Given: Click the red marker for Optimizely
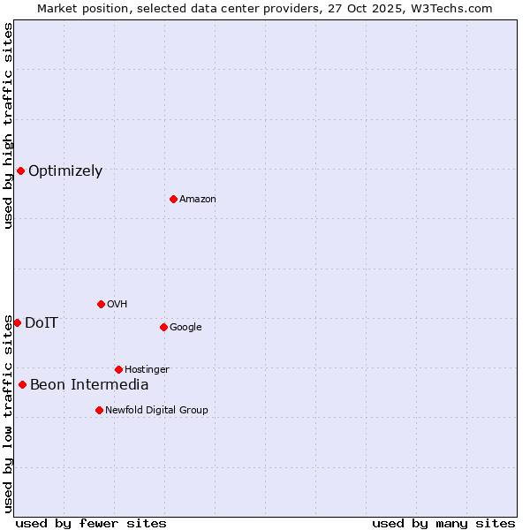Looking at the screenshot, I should point(20,170).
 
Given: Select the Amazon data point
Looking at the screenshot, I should point(173,199).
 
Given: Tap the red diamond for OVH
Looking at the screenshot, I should point(101,304).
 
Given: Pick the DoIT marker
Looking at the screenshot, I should point(17,322).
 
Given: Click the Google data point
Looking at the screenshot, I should point(163,327).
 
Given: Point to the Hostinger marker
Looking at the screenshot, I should point(118,369).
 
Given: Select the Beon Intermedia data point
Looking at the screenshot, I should point(22,384).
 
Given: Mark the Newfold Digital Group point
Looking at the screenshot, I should point(99,410).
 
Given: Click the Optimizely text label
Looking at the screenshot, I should point(65,171).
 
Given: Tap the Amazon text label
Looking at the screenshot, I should point(198,200).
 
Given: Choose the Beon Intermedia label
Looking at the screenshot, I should point(89,385).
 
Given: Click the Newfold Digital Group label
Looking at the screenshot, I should point(156,410).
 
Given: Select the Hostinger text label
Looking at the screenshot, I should point(147,369).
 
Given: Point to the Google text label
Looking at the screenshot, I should point(185,328).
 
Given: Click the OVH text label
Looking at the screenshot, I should point(117,305).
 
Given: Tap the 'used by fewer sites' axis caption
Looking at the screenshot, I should point(91,523).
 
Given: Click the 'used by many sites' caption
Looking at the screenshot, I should point(443,523).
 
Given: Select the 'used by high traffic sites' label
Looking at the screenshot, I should point(8,125).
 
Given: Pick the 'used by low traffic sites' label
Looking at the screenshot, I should point(8,413).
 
